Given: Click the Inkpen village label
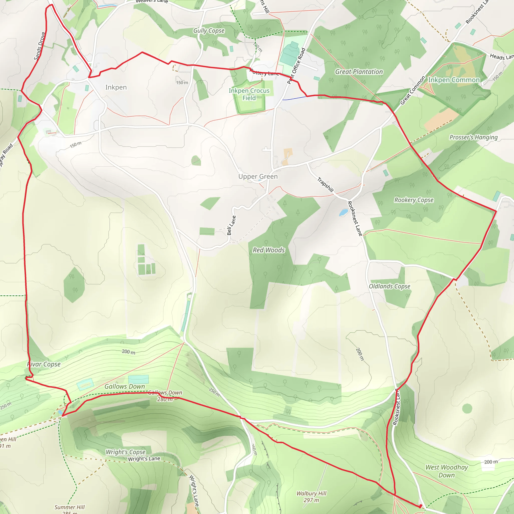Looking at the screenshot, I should [x=116, y=87].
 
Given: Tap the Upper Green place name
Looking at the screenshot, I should [x=258, y=176].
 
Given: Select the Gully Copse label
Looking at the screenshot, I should [x=209, y=31].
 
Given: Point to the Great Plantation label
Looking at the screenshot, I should [x=359, y=72].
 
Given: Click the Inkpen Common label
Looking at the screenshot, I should [x=454, y=80].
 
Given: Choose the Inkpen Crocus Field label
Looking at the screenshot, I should [x=249, y=94].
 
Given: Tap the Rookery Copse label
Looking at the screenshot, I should [x=414, y=200].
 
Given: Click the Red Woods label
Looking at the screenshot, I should [x=269, y=250].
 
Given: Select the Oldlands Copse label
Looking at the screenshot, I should [x=390, y=286].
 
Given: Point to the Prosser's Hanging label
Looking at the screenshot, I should [x=473, y=137].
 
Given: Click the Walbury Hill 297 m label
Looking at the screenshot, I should [x=311, y=497].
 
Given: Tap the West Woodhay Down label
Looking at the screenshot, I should [x=447, y=471].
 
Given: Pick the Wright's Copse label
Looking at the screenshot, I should [x=125, y=452].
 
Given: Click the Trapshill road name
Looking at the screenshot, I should [x=325, y=185].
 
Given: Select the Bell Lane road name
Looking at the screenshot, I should [x=231, y=225].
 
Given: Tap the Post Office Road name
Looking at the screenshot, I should [x=296, y=66].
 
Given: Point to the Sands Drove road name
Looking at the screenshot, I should [x=39, y=46].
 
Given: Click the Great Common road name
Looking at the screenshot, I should [x=413, y=90].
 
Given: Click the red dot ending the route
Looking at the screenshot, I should [x=420, y=506].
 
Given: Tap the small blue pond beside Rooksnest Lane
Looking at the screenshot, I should [x=344, y=212].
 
